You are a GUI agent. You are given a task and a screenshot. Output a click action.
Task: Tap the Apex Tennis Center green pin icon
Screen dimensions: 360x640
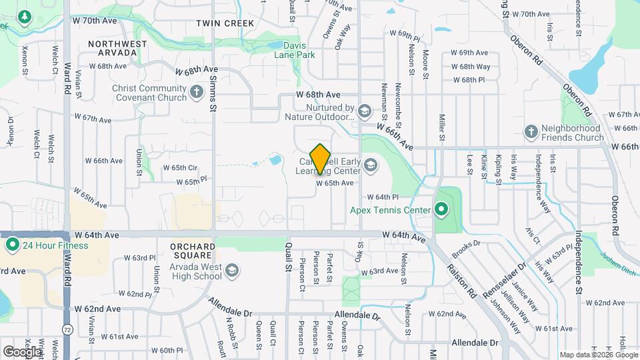point(441,211)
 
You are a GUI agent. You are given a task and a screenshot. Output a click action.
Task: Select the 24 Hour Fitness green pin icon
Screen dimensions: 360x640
point(13,245)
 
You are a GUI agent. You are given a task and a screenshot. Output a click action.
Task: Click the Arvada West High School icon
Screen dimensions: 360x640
point(232,270)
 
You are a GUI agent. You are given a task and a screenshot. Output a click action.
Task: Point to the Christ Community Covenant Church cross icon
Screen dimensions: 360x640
point(197,92)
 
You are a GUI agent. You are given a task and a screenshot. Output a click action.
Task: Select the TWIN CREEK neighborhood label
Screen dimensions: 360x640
point(225,23)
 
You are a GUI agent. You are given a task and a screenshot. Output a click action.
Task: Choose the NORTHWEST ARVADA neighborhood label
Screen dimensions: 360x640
point(117,49)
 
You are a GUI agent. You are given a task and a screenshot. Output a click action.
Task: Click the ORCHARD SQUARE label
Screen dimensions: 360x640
point(193,251)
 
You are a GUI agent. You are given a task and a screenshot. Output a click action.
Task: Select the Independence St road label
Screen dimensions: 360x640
point(579,263)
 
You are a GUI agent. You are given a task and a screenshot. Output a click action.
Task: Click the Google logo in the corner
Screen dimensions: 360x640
point(22,351)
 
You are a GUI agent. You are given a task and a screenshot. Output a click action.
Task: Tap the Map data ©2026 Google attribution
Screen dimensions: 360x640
point(598,355)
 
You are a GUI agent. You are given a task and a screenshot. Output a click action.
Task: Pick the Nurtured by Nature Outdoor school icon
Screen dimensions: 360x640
point(364,110)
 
